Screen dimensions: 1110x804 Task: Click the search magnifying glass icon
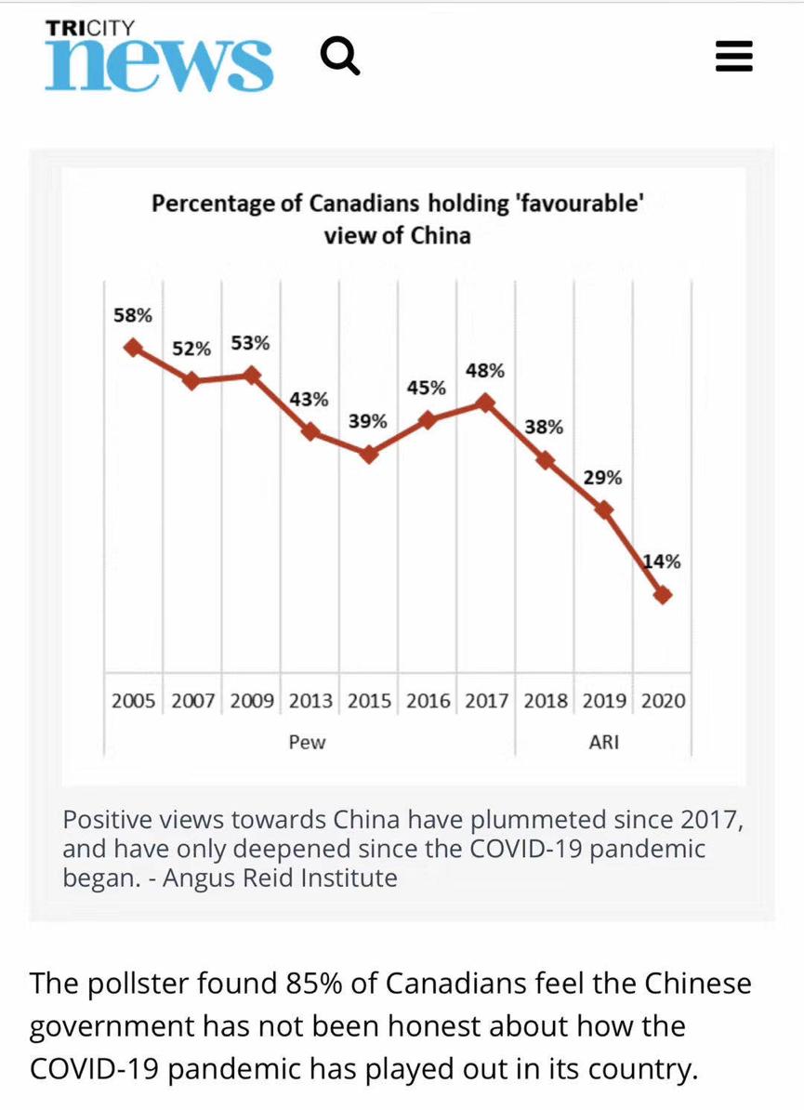[340, 58]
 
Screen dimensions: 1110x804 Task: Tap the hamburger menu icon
[733, 58]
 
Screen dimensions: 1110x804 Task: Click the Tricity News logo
[159, 56]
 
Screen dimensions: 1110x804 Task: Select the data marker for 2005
[133, 347]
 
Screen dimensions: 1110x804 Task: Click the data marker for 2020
[662, 595]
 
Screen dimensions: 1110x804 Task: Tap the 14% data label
[663, 561]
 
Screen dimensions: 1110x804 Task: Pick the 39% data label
[367, 421]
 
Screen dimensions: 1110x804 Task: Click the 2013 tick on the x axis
[310, 700]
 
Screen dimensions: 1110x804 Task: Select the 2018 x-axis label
[545, 700]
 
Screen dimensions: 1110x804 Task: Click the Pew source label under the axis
[308, 742]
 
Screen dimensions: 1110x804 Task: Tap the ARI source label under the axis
[604, 742]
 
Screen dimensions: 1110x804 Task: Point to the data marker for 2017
[485, 403]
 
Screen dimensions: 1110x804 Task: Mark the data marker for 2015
[369, 455]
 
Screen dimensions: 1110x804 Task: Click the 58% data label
[132, 315]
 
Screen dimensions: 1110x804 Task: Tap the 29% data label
[602, 478]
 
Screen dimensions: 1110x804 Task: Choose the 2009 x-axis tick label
[251, 700]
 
